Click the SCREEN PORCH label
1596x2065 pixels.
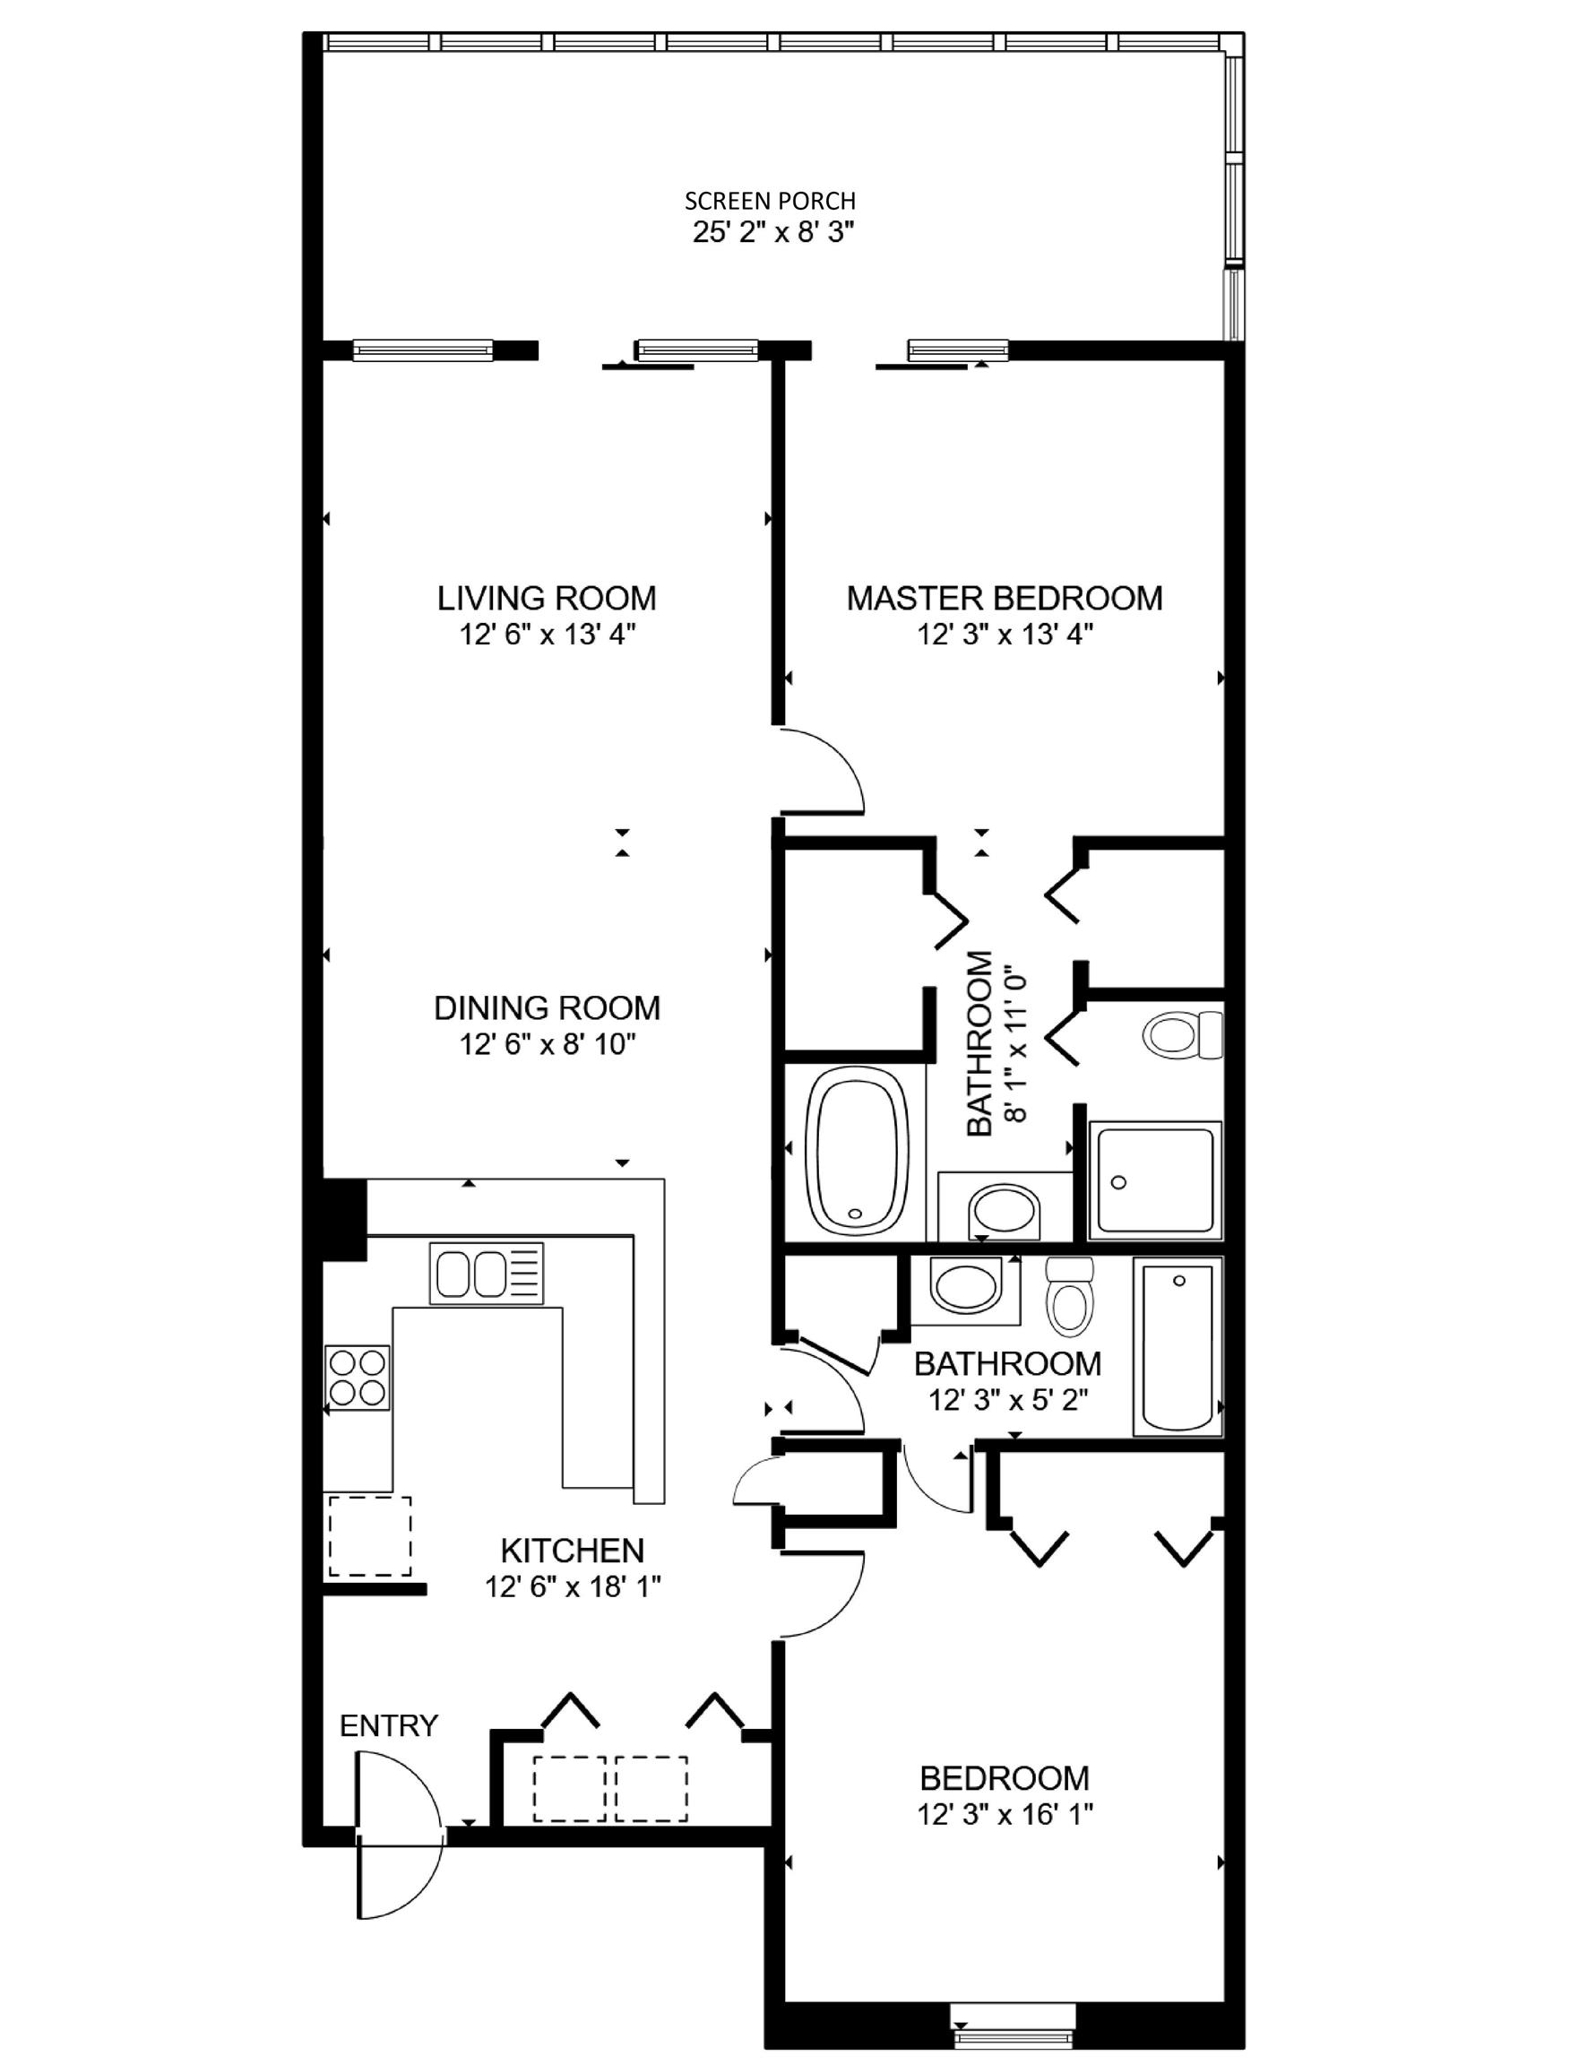pyautogui.click(x=770, y=201)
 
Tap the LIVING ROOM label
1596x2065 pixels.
pyautogui.click(x=547, y=599)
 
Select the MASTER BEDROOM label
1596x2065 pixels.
pyautogui.click(x=1005, y=599)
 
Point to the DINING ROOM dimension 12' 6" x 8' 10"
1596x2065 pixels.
pyautogui.click(x=547, y=1044)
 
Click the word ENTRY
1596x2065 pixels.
pyautogui.click(x=389, y=1725)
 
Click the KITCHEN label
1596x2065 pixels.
pyautogui.click(x=572, y=1551)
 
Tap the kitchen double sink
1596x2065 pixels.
pyautogui.click(x=487, y=1273)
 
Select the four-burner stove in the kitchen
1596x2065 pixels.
pyautogui.click(x=358, y=1377)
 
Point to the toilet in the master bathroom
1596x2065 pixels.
pyautogui.click(x=1183, y=1034)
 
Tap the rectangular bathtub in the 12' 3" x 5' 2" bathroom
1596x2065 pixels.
pyautogui.click(x=1178, y=1347)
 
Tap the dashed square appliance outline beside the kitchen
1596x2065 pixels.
pyautogui.click(x=370, y=1535)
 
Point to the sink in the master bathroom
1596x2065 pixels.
pyautogui.click(x=1005, y=1210)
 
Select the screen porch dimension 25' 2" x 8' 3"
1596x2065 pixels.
pyautogui.click(x=773, y=233)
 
